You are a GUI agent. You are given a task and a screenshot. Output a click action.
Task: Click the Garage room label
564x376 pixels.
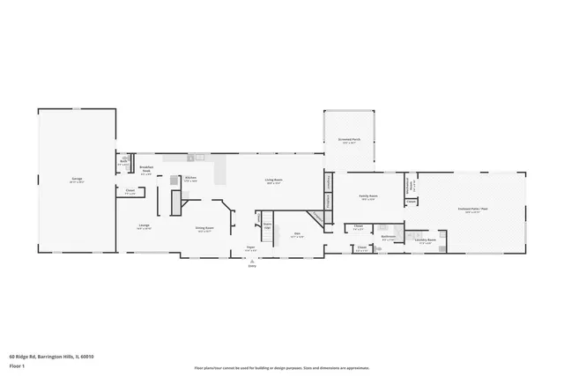point(77,180)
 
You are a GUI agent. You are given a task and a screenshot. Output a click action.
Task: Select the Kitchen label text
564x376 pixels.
point(190,178)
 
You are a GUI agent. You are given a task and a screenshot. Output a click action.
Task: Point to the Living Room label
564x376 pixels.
point(273,181)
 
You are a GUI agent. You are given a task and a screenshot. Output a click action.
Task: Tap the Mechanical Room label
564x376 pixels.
point(409,187)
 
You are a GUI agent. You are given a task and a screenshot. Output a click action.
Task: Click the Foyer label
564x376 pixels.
point(250,249)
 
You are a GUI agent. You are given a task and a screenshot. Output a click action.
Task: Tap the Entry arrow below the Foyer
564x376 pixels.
point(252,262)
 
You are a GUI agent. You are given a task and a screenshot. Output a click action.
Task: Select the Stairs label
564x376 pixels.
point(268,225)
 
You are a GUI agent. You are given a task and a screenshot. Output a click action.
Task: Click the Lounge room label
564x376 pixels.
point(144,225)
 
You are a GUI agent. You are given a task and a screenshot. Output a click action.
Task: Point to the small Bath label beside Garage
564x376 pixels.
point(123,163)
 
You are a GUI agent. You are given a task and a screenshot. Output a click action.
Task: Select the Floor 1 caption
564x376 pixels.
point(17,365)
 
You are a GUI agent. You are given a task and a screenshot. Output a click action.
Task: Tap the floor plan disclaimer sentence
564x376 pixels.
point(281,368)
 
